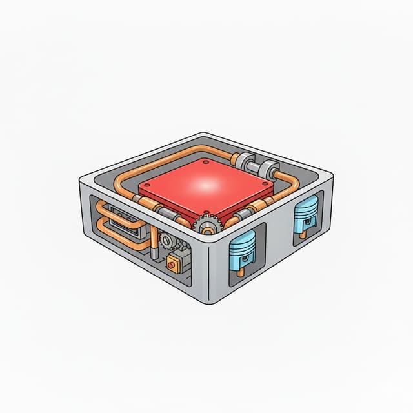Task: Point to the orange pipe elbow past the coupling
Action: click(283, 177)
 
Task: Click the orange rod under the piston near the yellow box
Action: click(241, 272)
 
